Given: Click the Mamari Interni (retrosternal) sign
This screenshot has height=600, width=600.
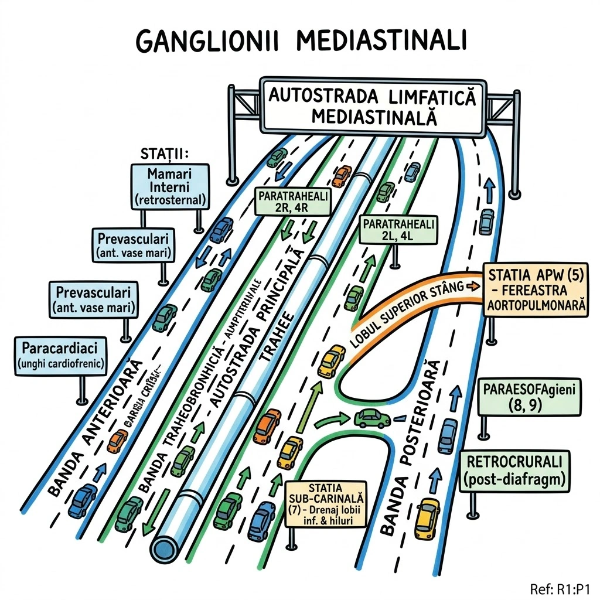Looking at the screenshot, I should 170,186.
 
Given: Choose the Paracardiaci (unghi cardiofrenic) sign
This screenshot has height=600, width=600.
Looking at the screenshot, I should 60,355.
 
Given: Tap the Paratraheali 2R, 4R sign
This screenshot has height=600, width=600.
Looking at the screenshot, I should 291,203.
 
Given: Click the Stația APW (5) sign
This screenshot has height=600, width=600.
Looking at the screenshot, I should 535,289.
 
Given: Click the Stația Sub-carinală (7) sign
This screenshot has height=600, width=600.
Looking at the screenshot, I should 326,504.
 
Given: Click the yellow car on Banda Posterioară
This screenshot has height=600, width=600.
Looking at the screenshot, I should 427,518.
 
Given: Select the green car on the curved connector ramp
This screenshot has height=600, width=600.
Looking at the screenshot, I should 373,418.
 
